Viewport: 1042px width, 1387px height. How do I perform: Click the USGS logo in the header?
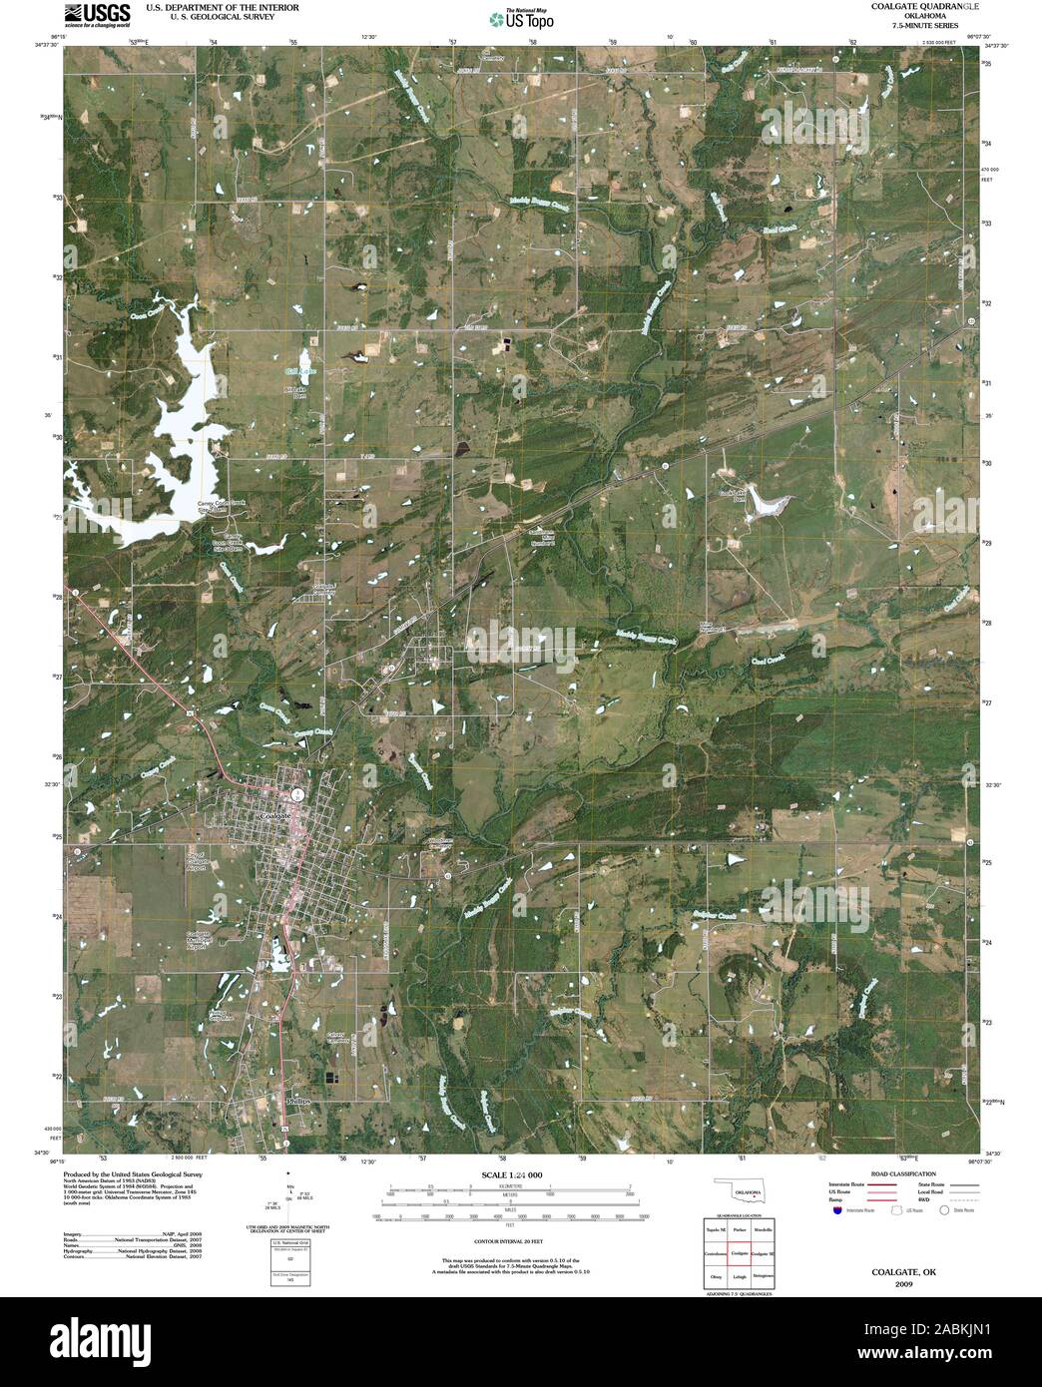(97, 13)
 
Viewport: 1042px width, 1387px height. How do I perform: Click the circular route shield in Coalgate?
(297, 795)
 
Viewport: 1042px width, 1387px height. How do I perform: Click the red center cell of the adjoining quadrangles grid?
(739, 1252)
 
